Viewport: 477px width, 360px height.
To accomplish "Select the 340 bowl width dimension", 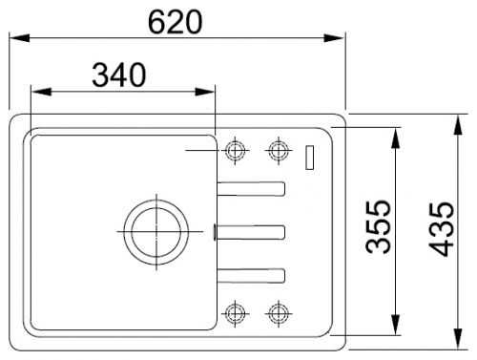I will (x=118, y=74).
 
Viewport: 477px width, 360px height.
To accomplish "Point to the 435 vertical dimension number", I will (x=440, y=226).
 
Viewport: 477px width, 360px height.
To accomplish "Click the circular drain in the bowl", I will (x=152, y=229).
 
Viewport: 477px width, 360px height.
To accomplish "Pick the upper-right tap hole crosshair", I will (x=277, y=150).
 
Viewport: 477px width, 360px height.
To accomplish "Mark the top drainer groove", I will (x=251, y=188).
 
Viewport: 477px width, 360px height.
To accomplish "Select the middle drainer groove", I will (x=251, y=230).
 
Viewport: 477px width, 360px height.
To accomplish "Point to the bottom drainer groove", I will (x=251, y=275).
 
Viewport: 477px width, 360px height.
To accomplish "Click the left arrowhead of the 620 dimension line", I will (x=16, y=39).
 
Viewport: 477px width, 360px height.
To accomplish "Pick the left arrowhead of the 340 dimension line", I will (x=36, y=92).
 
